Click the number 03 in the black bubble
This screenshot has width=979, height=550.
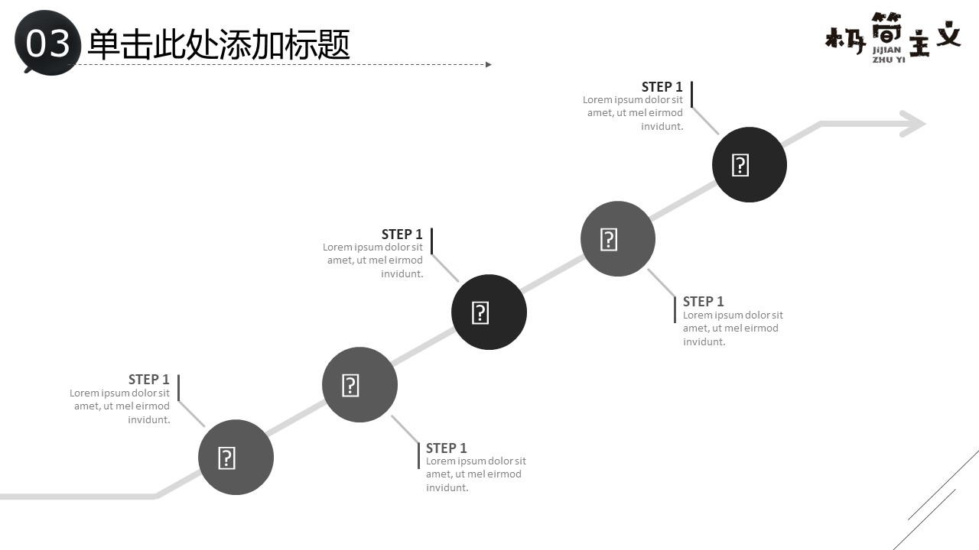coord(48,44)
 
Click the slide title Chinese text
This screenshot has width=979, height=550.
coord(219,44)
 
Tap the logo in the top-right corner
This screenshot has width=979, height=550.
coord(893,37)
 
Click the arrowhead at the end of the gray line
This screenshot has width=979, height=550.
coord(913,124)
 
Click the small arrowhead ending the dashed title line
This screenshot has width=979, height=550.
coord(489,64)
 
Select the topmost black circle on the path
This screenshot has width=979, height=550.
coord(749,164)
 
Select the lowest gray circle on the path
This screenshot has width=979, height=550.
coord(236,457)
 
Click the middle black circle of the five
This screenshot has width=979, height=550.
coord(489,312)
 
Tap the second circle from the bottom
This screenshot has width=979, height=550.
coord(359,384)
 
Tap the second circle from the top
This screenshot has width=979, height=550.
coord(618,238)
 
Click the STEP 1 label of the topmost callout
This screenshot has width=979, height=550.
coord(662,87)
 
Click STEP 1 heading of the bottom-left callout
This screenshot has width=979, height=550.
coord(148,380)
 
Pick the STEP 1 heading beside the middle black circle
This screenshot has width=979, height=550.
coord(402,234)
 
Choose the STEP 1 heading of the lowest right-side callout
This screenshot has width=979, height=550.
coord(446,448)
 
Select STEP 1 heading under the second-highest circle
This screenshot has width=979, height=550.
coord(703,301)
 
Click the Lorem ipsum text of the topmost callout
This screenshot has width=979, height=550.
coord(634,113)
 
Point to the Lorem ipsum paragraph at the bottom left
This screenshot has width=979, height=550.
coord(121,406)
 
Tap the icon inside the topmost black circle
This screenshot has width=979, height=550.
coord(740,165)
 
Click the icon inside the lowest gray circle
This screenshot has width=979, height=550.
coord(226,458)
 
